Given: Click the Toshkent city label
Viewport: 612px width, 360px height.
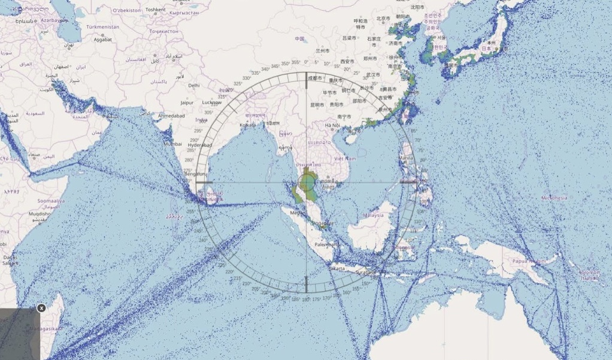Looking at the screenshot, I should pyautogui.click(x=155, y=10).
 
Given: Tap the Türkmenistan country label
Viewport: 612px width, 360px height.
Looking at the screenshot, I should pyautogui.click(x=103, y=27).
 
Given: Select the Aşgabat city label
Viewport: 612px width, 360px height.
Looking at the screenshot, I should pyautogui.click(x=102, y=40).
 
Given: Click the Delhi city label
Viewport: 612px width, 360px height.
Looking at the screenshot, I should pyautogui.click(x=193, y=86).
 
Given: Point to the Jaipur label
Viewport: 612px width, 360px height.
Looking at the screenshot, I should pyautogui.click(x=187, y=102).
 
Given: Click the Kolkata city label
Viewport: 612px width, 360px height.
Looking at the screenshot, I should pyautogui.click(x=247, y=125).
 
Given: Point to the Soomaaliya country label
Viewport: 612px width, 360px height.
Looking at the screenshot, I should pyautogui.click(x=52, y=201).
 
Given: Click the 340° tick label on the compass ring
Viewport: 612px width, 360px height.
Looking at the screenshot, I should pyautogui.click(x=275, y=66).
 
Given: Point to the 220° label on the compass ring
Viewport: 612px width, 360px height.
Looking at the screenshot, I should pyautogui.click(x=229, y=271).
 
